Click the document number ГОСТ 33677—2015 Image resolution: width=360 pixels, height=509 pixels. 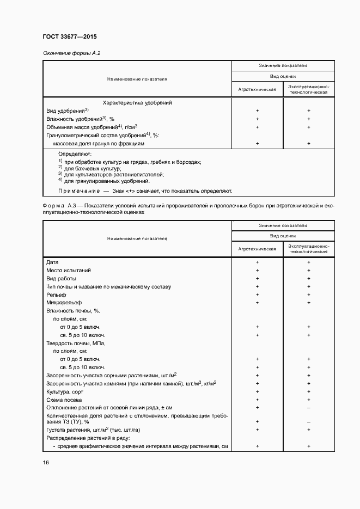(x=69, y=37)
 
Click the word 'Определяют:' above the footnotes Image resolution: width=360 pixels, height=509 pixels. (x=75, y=155)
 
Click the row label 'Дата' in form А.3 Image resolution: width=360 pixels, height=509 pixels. (x=53, y=262)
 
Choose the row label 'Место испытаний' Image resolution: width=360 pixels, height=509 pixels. (x=69, y=271)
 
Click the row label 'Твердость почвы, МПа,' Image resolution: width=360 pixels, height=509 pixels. (x=76, y=344)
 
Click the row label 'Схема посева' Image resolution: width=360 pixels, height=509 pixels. (x=64, y=400)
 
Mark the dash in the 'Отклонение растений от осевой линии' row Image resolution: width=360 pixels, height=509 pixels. (x=308, y=408)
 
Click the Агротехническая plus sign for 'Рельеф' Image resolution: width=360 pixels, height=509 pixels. (x=257, y=295)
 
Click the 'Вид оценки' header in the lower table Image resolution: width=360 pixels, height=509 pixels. (x=283, y=236)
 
